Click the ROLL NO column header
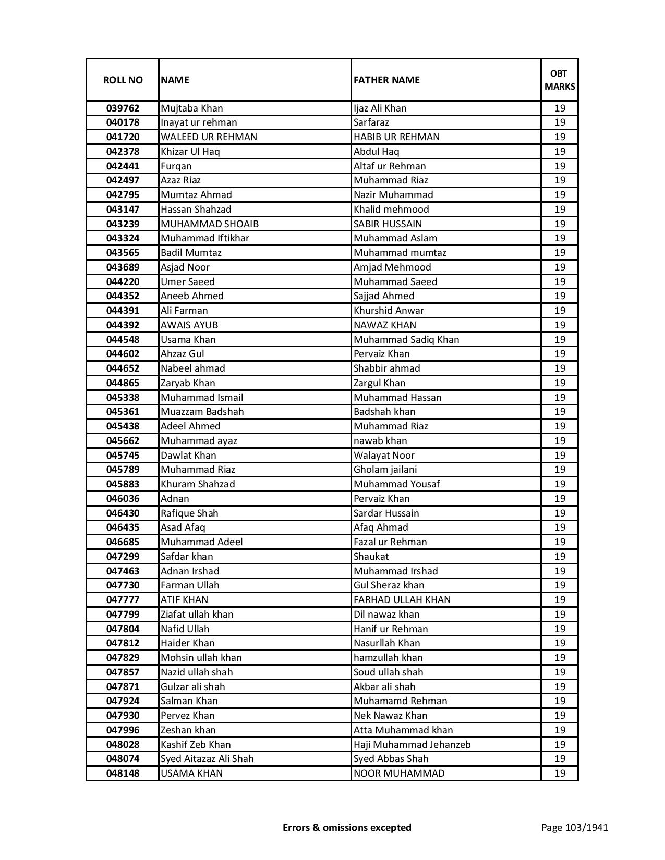(123, 80)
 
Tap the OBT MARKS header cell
(560, 80)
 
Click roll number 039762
(123, 108)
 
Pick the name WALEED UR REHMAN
(209, 137)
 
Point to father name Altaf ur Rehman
(390, 166)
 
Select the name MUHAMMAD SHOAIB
(210, 224)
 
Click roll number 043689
(123, 267)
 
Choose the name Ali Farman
(184, 311)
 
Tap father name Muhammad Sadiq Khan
(406, 340)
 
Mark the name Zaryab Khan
(188, 383)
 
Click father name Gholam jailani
(385, 470)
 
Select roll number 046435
(123, 527)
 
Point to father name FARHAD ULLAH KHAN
(402, 600)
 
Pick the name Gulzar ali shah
(193, 687)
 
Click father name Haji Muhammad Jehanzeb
(412, 745)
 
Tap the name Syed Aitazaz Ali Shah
(207, 759)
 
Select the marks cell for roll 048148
(560, 773)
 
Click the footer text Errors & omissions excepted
(347, 827)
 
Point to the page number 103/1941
(575, 827)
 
